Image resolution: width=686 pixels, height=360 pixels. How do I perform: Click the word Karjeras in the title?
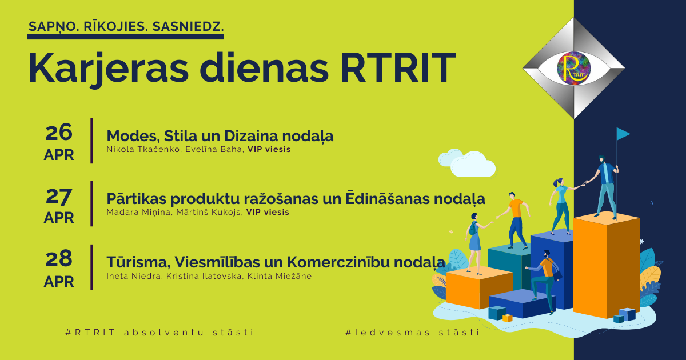pyautogui.click(x=109, y=69)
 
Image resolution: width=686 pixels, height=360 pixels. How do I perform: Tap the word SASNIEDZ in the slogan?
pyautogui.click(x=188, y=27)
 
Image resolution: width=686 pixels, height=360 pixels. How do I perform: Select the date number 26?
pyautogui.click(x=59, y=132)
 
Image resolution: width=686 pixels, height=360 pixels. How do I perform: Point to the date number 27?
pyautogui.click(x=59, y=196)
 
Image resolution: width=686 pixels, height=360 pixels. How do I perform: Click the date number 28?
pyautogui.click(x=59, y=259)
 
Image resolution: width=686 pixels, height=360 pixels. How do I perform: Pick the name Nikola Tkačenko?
pyautogui.click(x=143, y=149)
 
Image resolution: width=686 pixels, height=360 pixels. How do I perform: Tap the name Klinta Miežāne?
pyautogui.click(x=280, y=276)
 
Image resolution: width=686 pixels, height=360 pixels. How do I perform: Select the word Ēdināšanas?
pyautogui.click(x=387, y=198)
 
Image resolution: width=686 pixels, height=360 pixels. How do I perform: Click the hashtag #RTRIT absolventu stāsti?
pyautogui.click(x=159, y=332)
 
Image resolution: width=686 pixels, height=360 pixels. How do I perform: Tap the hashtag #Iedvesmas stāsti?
pyautogui.click(x=412, y=332)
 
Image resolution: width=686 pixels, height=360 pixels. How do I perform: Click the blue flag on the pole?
pyautogui.click(x=623, y=134)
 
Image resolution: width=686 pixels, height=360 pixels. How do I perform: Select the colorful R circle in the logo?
pyautogui.click(x=573, y=68)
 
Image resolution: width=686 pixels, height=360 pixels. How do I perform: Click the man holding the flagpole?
pyautogui.click(x=605, y=187)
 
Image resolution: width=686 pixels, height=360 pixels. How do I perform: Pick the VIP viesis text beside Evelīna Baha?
pyautogui.click(x=269, y=149)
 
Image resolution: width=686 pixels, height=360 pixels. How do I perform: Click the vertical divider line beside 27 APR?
pyautogui.click(x=91, y=203)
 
